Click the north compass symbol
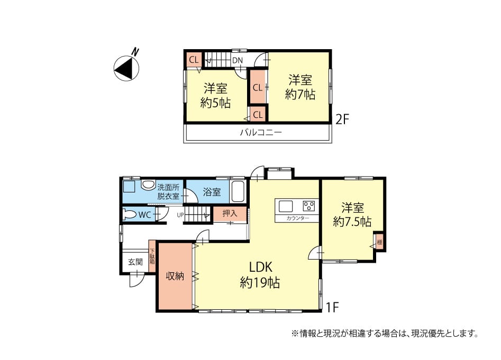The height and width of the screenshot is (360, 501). tap(127, 68)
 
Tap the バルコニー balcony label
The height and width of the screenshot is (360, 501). tap(261, 132)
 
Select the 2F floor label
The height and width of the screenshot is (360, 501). tap(342, 119)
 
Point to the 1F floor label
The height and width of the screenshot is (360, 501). tap(332, 307)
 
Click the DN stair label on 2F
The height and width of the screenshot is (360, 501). tap(238, 60)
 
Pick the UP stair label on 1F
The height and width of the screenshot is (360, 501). tap(180, 215)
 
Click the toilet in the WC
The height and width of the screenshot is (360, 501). tap(130, 215)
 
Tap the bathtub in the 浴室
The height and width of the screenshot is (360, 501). tap(238, 191)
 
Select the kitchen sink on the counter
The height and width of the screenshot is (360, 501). tap(286, 206)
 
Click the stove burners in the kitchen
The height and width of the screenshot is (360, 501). tap(309, 206)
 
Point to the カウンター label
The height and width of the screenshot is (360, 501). tap(297, 218)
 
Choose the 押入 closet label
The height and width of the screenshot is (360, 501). tap(230, 213)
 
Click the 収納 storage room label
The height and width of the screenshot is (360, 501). tap(175, 276)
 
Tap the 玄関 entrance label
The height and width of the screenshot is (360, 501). tap(135, 262)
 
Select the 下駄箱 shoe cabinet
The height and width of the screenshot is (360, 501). tap(152, 256)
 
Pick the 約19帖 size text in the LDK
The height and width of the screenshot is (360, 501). tap(260, 283)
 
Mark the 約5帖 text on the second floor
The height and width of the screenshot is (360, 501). tap(216, 103)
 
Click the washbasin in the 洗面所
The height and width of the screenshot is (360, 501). tap(148, 185)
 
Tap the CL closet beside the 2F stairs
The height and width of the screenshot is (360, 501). tap(194, 60)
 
